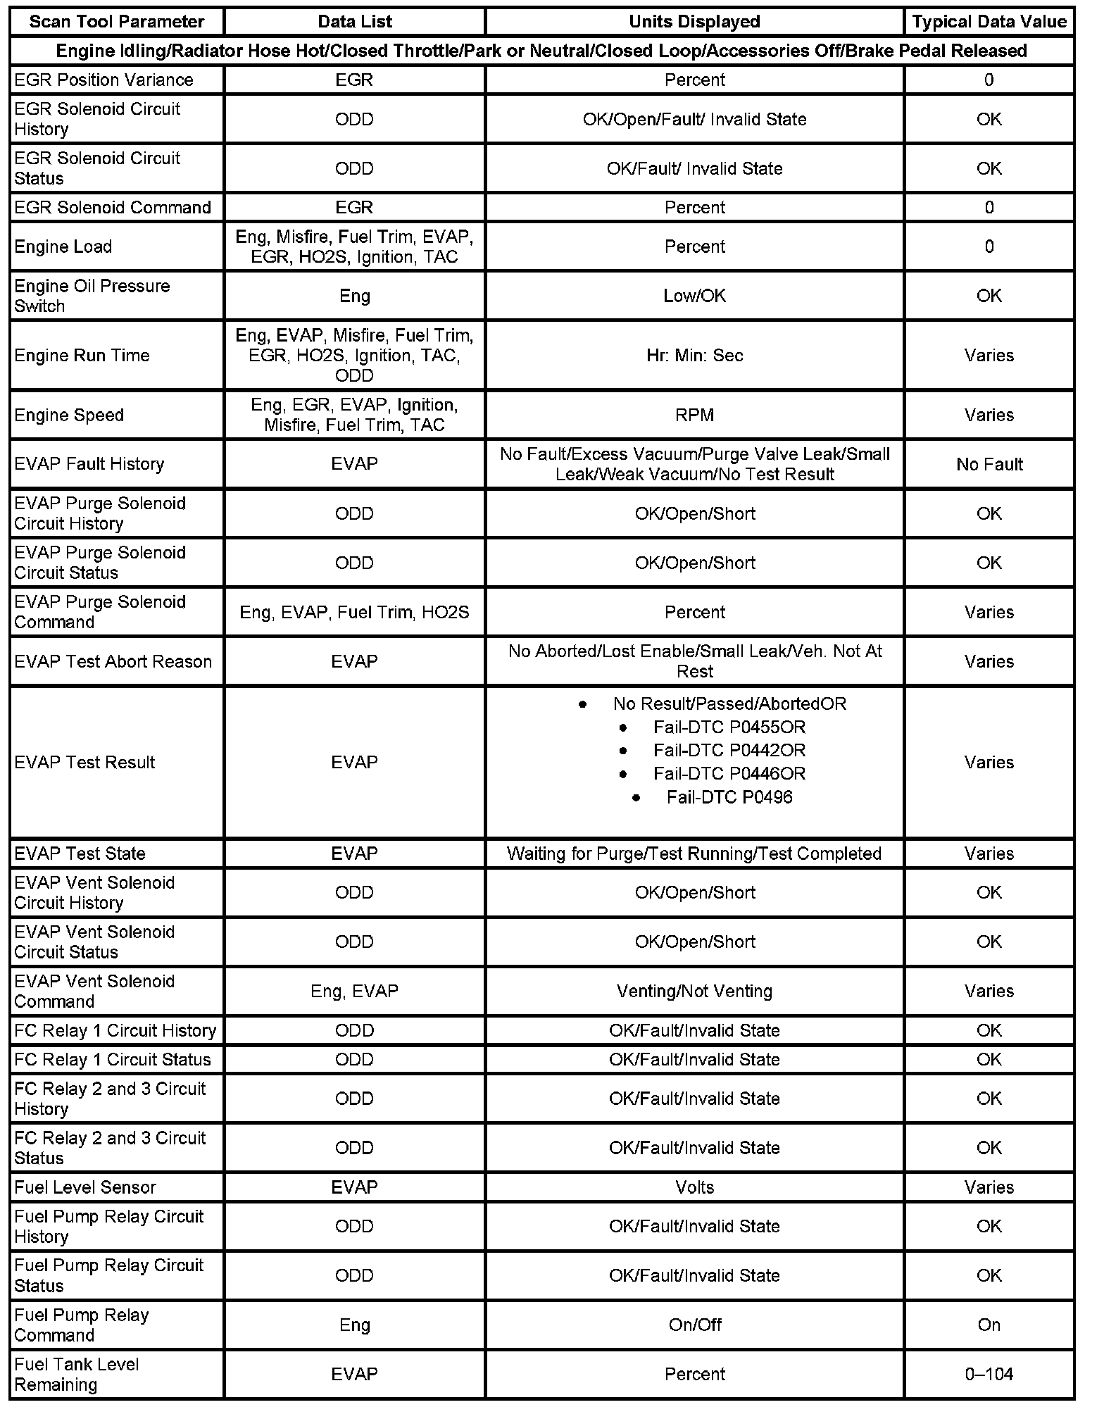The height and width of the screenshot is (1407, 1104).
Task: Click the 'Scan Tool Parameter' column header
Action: point(116,22)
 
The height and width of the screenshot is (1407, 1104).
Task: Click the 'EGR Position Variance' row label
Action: point(103,80)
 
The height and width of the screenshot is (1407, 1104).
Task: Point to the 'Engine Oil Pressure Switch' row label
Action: point(92,296)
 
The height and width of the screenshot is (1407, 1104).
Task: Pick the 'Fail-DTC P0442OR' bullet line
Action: point(729,751)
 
